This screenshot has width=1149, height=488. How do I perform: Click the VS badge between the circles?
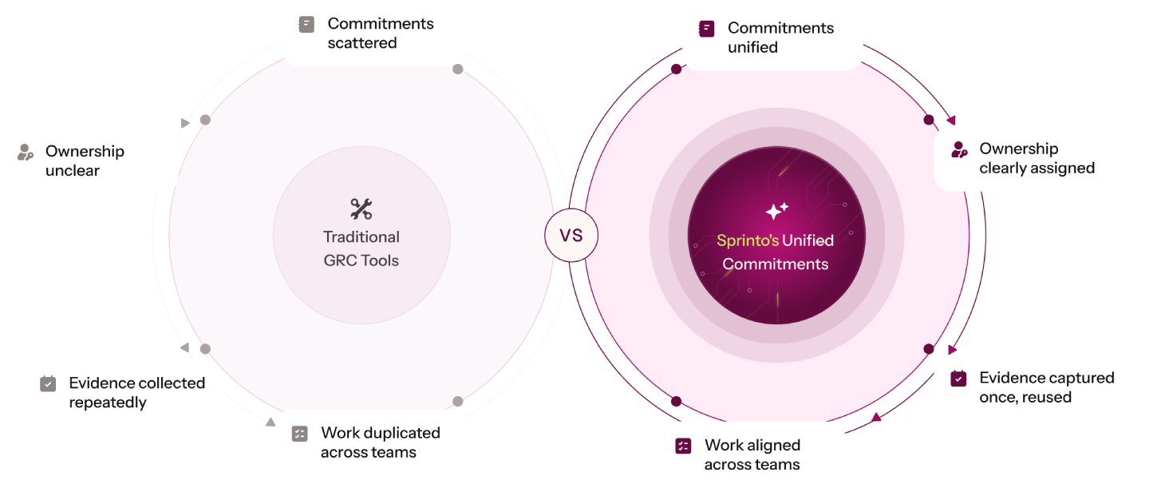(571, 236)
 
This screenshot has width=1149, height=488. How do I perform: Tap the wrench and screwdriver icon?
(361, 209)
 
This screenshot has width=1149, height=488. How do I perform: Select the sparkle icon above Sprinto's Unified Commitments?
(776, 211)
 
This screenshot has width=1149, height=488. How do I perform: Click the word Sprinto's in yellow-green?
(747, 240)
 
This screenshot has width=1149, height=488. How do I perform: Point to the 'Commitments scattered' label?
(380, 34)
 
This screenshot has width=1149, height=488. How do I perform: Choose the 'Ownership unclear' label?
(85, 161)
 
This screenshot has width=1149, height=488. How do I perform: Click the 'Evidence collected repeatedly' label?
(136, 392)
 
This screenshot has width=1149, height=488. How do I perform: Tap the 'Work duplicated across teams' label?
(380, 442)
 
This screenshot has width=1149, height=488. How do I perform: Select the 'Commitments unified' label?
(780, 38)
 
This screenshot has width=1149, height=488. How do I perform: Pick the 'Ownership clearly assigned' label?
(1036, 158)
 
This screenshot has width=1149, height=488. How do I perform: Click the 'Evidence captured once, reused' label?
(1046, 387)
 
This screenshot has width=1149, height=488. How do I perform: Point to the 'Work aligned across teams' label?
(752, 454)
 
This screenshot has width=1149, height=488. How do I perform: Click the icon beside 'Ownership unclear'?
(26, 152)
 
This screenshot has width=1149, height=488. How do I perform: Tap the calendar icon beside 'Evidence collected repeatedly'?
(48, 383)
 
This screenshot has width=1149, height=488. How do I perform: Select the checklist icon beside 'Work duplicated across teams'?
(300, 434)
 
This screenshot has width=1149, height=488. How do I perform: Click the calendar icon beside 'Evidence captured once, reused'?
(958, 379)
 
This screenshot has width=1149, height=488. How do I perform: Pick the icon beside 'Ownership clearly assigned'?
(959, 149)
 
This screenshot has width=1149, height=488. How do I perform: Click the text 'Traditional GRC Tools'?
(361, 248)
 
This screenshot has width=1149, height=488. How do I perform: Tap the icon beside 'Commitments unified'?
(706, 29)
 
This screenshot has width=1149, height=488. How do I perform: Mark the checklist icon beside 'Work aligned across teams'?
(683, 446)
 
